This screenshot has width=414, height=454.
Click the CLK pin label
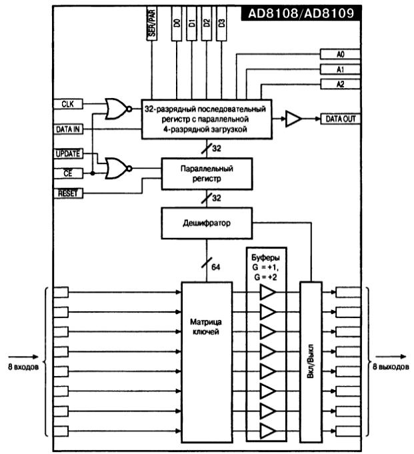pyautogui.click(x=68, y=104)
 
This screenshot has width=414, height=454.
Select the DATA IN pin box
pyautogui.click(x=68, y=129)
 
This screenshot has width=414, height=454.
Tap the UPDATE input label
pyautogui.click(x=68, y=154)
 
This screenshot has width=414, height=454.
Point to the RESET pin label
pyautogui.click(x=68, y=193)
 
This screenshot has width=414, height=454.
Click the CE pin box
pyautogui.click(x=68, y=173)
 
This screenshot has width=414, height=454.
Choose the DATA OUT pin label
pyautogui.click(x=341, y=119)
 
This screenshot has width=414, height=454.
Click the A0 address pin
pyautogui.click(x=340, y=54)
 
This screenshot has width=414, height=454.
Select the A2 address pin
pyautogui.click(x=340, y=84)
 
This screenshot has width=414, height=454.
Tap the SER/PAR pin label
pyautogui.click(x=152, y=23)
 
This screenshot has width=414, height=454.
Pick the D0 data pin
pyautogui.click(x=177, y=23)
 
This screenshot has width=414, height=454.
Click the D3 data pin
pyautogui.click(x=221, y=23)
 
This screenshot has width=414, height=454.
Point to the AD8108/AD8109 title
pyautogui.click(x=301, y=13)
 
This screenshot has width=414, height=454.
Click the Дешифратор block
pyautogui.click(x=207, y=223)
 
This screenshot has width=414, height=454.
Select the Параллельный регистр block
pyautogui.click(x=207, y=174)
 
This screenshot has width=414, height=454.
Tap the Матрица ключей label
pyautogui.click(x=206, y=327)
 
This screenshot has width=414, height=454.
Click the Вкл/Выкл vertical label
pyautogui.click(x=311, y=361)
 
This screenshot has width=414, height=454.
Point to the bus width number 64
pyautogui.click(x=216, y=267)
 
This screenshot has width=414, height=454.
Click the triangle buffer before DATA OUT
pyautogui.click(x=293, y=119)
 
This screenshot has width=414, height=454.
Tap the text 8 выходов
pyautogui.click(x=391, y=367)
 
